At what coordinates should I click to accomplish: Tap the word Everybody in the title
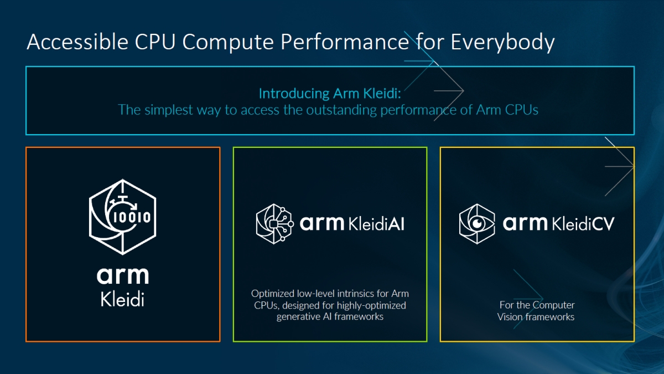502,42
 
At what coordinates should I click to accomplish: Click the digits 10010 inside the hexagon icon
131,217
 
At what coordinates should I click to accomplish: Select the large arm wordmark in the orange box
123,275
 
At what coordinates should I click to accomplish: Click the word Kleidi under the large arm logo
123,299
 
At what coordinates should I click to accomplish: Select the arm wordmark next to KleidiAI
322,224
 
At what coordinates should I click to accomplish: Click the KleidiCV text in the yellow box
583,223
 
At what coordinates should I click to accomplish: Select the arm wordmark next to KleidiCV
526,224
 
